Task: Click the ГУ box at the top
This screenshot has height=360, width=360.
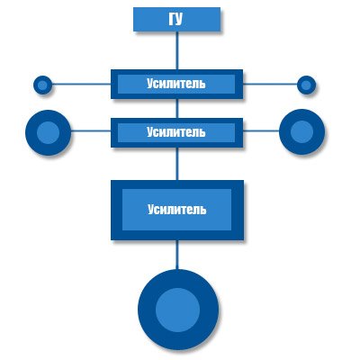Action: click(x=176, y=20)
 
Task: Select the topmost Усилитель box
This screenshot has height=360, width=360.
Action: click(x=176, y=85)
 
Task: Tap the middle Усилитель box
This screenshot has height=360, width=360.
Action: click(x=176, y=132)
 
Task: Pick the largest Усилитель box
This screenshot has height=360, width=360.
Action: click(x=177, y=210)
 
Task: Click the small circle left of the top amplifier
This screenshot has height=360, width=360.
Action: click(x=42, y=85)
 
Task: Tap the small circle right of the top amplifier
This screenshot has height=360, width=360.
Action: click(x=306, y=85)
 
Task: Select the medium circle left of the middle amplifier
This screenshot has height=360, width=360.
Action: click(x=48, y=132)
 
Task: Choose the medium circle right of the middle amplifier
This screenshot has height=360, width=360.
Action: click(x=301, y=131)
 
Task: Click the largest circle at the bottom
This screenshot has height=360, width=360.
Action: click(x=178, y=310)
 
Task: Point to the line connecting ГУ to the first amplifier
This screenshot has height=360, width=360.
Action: click(x=177, y=50)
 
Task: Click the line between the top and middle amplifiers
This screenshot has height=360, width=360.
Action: click(x=177, y=108)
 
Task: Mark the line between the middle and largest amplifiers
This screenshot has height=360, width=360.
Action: click(x=177, y=164)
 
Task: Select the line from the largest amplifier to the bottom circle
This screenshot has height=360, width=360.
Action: click(x=177, y=255)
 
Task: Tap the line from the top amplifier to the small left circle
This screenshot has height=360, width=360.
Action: click(x=81, y=84)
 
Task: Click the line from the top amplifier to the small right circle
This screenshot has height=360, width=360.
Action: click(x=270, y=84)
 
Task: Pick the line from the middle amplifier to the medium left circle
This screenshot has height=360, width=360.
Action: click(x=91, y=130)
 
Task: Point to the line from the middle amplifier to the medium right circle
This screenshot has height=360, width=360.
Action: click(x=261, y=130)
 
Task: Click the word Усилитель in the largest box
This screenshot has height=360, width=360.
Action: click(x=177, y=210)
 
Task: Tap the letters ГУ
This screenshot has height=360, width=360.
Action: click(x=175, y=20)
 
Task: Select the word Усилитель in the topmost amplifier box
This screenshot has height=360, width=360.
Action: click(x=176, y=84)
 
